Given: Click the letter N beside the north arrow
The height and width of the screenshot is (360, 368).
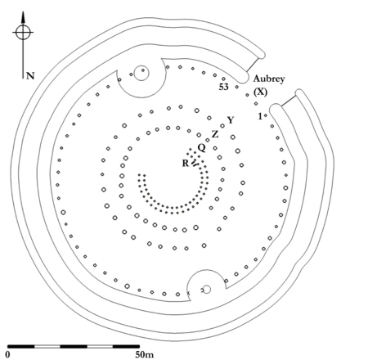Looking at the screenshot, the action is tap(30, 76).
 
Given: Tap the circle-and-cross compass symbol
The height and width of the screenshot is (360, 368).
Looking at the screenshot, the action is tap(23, 32).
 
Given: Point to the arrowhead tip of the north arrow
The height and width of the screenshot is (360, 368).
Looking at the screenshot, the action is tap(23, 11).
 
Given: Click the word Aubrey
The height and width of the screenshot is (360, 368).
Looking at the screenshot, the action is tap(269, 79).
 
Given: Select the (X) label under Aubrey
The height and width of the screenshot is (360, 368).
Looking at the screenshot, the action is tap(260, 92).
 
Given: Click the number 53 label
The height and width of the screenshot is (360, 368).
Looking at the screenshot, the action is tap(223, 87).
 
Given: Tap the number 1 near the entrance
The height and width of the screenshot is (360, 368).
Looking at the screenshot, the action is tap(260, 116).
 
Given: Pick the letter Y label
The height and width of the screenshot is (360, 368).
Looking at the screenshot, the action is tap(231, 120).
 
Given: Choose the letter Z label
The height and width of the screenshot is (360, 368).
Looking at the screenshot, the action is tap(215, 134).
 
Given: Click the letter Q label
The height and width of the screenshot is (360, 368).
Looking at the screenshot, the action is tap(201, 148).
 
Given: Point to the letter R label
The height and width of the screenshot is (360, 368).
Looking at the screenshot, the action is tap(186, 163).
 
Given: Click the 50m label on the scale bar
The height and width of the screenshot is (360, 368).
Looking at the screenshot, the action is tap(145, 354).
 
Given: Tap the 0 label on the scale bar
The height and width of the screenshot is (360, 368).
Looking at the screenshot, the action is tap(8, 354).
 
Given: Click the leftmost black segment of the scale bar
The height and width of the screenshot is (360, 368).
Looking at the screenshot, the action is tap(21, 346).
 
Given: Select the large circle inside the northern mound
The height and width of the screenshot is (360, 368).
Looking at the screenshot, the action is tap(141, 73).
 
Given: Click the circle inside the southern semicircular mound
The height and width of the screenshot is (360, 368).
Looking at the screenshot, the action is tap(207, 290).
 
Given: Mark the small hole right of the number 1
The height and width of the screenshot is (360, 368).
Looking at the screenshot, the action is tap(266, 115).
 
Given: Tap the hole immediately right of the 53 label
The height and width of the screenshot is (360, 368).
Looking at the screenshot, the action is tap(236, 87).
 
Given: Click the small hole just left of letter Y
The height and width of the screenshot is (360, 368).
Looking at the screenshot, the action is tap(222, 126).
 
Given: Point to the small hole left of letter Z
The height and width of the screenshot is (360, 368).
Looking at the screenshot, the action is tap(208, 140).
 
